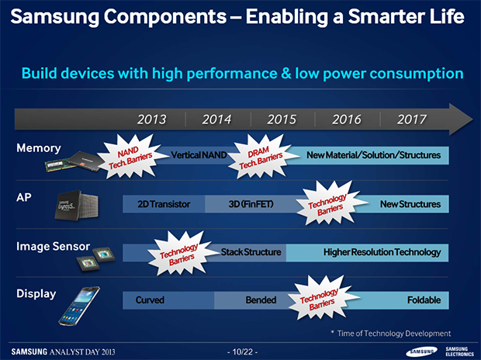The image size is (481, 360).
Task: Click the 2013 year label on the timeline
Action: (151, 119)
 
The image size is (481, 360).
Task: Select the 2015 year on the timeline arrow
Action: (282, 119)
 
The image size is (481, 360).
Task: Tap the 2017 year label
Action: (412, 119)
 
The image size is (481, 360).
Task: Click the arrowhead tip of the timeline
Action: (472, 119)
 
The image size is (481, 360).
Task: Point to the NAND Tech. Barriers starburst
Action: (131, 157)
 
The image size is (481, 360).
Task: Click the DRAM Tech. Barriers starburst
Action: (261, 157)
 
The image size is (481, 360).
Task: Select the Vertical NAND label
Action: (199, 155)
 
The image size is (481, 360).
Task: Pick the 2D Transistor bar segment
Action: (164, 204)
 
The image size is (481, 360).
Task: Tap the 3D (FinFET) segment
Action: (251, 204)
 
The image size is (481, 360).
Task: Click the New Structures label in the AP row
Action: (410, 204)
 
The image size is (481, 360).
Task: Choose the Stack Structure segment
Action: (251, 252)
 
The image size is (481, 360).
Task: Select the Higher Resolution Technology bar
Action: (367, 253)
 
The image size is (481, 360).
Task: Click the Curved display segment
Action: (168, 300)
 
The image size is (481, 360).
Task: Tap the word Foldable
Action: (424, 299)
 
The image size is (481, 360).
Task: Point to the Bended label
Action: (261, 299)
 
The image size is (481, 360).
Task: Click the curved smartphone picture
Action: (79, 306)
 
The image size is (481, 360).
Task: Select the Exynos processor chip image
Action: (77, 205)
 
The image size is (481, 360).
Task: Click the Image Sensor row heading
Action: (53, 246)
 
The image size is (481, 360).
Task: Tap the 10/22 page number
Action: (242, 351)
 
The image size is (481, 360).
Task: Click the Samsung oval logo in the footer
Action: (421, 351)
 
